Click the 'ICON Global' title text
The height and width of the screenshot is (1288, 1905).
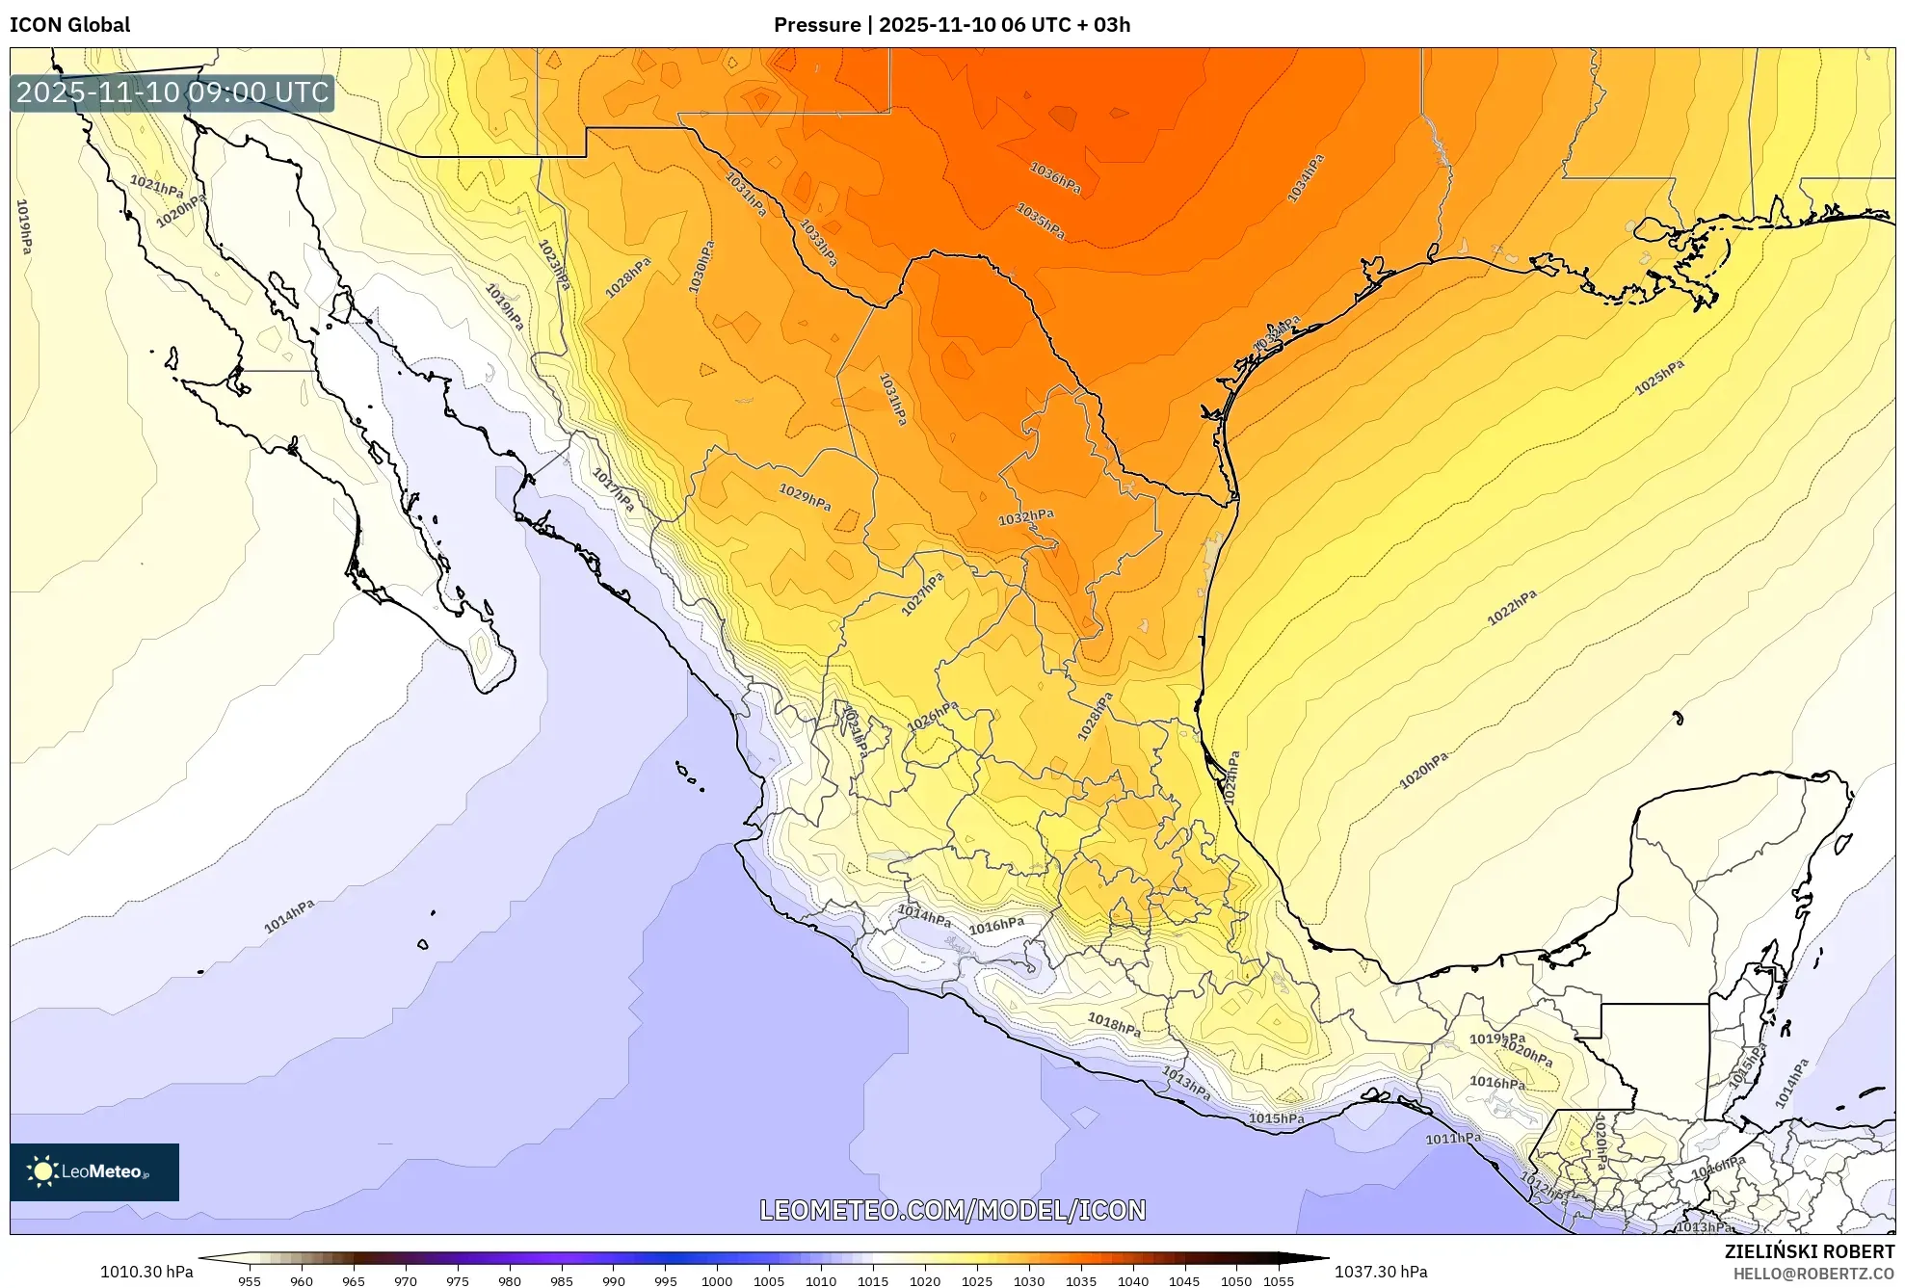(69, 25)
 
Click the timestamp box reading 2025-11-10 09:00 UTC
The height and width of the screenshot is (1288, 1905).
(172, 92)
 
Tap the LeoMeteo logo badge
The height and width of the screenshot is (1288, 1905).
(94, 1171)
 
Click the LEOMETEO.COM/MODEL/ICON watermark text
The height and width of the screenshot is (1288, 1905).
(952, 1210)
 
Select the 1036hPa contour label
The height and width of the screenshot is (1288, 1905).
(1054, 178)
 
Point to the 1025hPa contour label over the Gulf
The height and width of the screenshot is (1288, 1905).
(1659, 377)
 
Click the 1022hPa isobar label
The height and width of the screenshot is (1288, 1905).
(1512, 608)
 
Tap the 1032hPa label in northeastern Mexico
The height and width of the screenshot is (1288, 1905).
(1025, 517)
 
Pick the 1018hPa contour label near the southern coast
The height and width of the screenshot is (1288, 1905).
(1114, 1025)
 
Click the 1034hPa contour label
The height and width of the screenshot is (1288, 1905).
(1305, 179)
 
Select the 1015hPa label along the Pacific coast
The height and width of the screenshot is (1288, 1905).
(1276, 1118)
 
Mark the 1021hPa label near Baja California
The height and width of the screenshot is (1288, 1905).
(156, 186)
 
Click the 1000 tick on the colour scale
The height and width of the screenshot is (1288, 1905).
(716, 1281)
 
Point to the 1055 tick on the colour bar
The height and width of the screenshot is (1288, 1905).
(1279, 1281)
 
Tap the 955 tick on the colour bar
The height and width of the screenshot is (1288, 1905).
(250, 1281)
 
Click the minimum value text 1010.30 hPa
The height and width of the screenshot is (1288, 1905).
(146, 1272)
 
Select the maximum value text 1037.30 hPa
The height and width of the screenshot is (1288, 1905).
(1381, 1272)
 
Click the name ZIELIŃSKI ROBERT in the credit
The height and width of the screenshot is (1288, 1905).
(1809, 1252)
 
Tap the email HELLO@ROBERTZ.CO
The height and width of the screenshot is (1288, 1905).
(1813, 1274)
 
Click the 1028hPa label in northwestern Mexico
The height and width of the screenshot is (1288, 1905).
(627, 277)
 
